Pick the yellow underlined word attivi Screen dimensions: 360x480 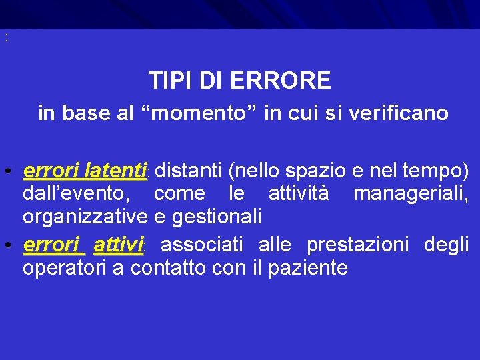[119, 245]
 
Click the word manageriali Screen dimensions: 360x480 [411, 195]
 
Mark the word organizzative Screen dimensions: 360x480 [85, 217]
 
